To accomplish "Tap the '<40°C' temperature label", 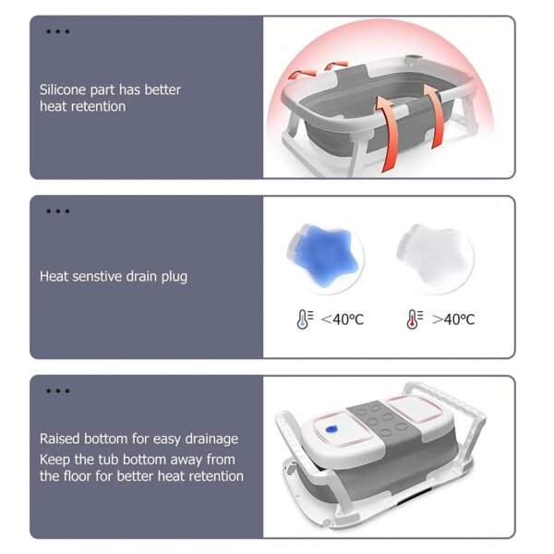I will (342, 319).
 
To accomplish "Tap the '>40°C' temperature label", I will (452, 319).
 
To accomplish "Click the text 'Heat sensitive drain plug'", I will (113, 276).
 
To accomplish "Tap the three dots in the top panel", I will (57, 31).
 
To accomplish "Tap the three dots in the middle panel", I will (57, 211).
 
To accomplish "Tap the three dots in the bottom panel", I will (57, 391).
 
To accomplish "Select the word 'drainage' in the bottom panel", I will (210, 439).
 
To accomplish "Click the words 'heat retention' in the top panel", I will (82, 106).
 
